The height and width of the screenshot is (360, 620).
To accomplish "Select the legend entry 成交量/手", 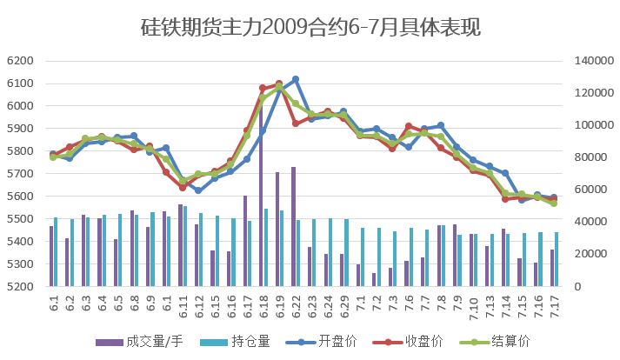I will [x=156, y=341].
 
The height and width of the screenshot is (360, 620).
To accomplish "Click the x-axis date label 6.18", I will [x=263, y=306].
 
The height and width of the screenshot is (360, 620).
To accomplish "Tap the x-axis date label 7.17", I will [x=553, y=306].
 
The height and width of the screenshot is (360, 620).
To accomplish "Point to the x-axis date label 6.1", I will [x=53, y=306].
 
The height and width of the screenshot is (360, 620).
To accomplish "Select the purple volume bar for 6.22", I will [x=294, y=226].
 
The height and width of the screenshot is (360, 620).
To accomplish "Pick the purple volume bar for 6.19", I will [x=277, y=229].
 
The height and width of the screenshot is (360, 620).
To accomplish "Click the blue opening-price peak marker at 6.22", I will [x=296, y=79].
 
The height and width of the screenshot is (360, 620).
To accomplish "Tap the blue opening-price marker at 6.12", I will [x=198, y=190].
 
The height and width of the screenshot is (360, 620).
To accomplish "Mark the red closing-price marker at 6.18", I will [x=263, y=89].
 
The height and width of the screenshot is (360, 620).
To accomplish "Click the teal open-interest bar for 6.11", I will [x=185, y=246].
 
